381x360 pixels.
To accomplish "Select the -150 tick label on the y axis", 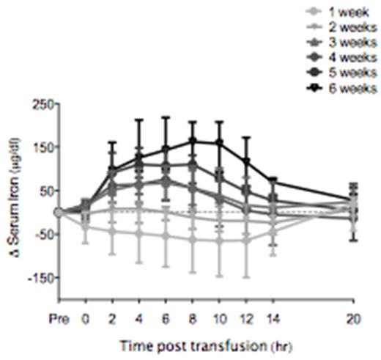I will (x=37, y=278).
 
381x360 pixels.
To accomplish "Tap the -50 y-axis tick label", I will (x=40, y=235).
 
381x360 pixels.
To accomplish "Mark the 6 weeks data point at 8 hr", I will (x=193, y=141).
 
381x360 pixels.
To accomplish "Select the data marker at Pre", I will (x=59, y=212).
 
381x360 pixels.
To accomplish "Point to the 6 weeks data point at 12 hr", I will (x=246, y=161).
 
